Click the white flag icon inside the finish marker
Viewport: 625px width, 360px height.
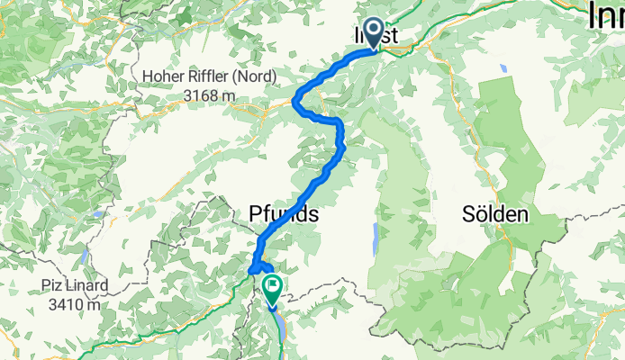272,283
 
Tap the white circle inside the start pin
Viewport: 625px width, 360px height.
372,30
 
